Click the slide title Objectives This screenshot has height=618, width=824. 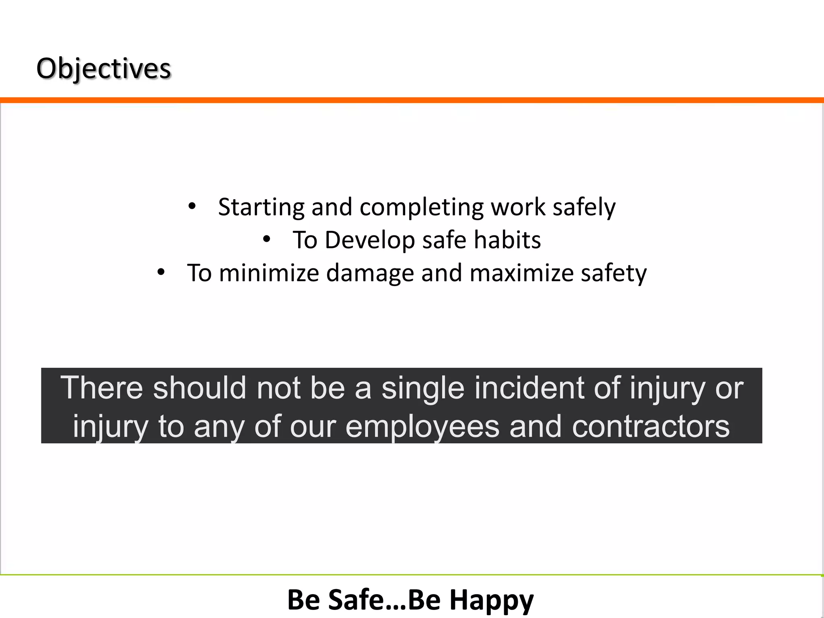(x=104, y=68)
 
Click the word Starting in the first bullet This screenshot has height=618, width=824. (x=261, y=208)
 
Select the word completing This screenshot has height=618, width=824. (x=421, y=208)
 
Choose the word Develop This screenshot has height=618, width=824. (x=369, y=241)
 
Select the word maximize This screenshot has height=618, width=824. (x=521, y=273)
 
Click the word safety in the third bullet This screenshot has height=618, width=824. (x=614, y=274)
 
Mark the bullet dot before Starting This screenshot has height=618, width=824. (x=192, y=206)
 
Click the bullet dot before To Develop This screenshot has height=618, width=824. (x=266, y=240)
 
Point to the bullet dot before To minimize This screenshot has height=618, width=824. (x=161, y=272)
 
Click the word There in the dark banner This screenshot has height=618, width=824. (x=102, y=388)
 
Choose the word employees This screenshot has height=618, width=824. (x=422, y=427)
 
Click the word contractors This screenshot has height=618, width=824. (x=651, y=426)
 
